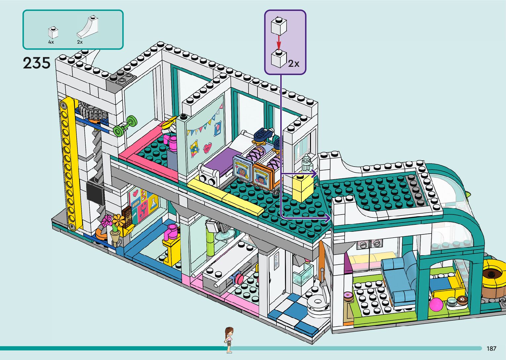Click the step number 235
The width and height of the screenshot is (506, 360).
(x=36, y=63)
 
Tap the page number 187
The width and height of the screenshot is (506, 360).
(x=491, y=348)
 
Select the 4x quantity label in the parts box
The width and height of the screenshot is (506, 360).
(x=51, y=42)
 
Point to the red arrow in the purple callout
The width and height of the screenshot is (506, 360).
(x=279, y=42)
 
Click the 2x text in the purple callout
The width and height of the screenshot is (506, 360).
(x=293, y=63)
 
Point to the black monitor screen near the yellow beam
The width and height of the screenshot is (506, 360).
(x=95, y=192)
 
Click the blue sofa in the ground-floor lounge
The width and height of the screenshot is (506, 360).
(x=399, y=278)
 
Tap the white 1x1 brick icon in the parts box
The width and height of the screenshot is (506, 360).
(x=53, y=32)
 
